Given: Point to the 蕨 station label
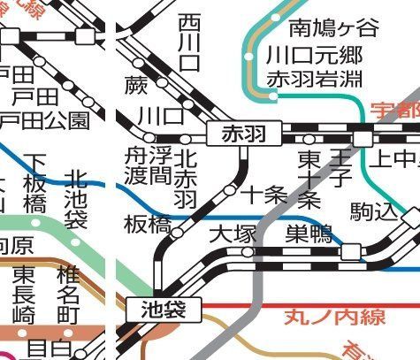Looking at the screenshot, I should [135, 87].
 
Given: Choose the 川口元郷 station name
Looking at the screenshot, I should [315, 53].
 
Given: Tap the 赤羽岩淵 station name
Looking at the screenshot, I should [315, 78].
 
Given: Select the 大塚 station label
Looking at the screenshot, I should [232, 234].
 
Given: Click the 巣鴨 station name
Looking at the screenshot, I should [309, 234].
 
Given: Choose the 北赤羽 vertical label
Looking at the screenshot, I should [185, 177].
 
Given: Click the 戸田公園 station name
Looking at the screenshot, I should [44, 119].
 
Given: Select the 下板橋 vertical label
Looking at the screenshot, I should [35, 181].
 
